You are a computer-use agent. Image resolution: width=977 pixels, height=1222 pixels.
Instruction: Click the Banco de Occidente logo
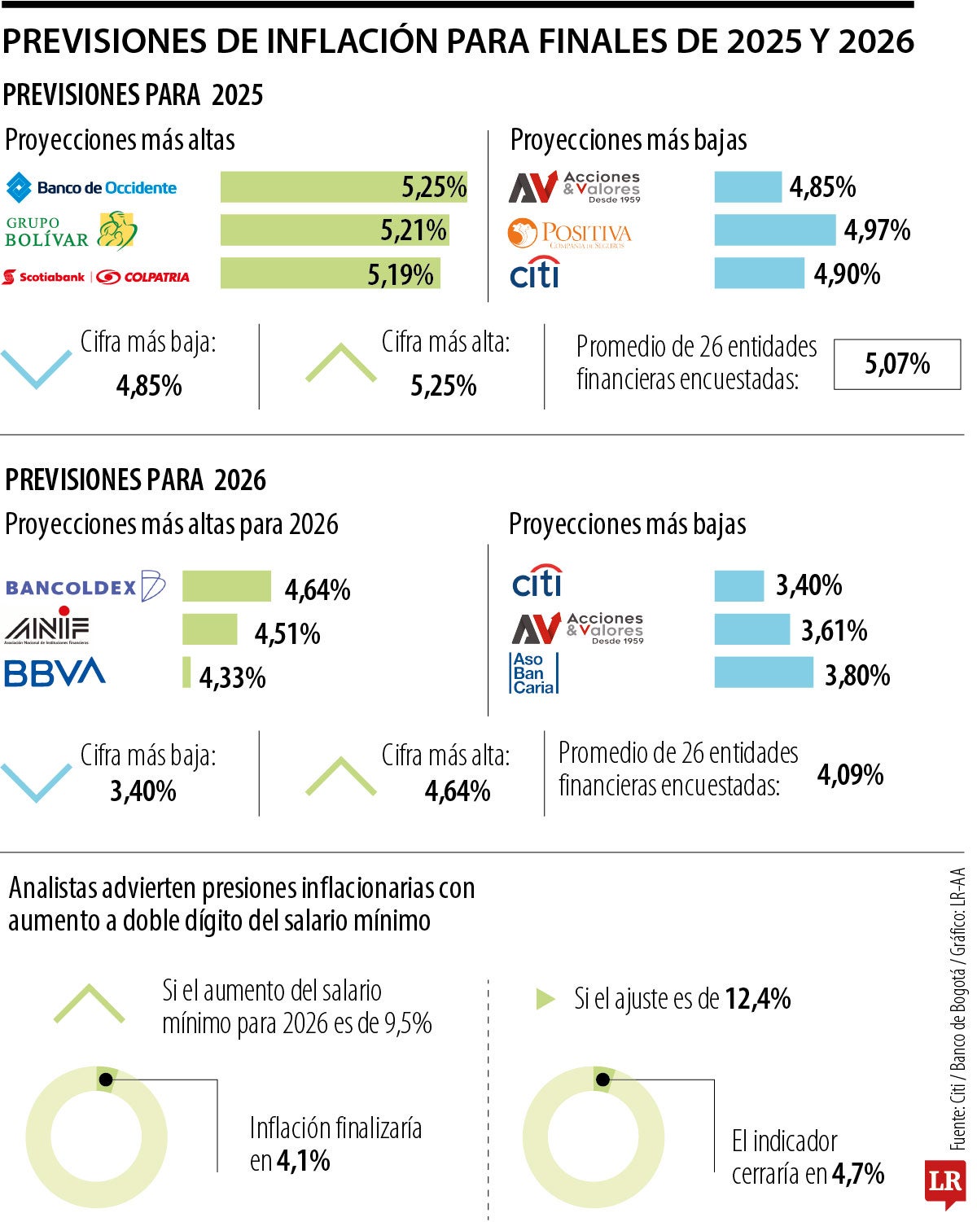pos(91,187)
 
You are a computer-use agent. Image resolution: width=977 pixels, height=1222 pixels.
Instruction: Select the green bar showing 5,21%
pos(334,230)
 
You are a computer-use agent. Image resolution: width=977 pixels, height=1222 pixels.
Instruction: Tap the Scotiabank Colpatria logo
pos(96,277)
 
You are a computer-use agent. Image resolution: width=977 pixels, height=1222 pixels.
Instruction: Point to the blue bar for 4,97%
pos(774,230)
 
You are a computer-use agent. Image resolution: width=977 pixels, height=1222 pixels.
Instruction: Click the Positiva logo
pos(569,234)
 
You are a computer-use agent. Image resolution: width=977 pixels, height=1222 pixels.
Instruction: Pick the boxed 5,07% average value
pos(897,364)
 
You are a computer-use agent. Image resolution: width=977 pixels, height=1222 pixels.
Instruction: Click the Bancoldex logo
pos(85,587)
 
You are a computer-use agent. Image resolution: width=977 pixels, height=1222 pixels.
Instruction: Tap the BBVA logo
pos(55,672)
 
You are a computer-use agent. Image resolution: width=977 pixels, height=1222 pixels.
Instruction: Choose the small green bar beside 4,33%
pos(186,672)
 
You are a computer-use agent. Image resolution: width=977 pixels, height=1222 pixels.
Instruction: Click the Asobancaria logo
pos(534,673)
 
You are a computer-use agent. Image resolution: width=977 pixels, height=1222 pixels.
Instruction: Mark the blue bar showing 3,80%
pos(764,672)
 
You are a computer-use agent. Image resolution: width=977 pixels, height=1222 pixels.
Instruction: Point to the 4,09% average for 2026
pos(850,774)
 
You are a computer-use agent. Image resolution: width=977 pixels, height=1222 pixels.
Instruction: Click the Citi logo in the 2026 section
pos(537,581)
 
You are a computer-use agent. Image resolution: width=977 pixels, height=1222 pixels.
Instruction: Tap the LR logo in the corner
pos(944,1183)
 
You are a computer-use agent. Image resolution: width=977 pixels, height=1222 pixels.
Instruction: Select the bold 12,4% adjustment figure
pos(757,999)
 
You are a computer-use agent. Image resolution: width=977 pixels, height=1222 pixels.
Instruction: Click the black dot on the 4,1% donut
pos(105,1080)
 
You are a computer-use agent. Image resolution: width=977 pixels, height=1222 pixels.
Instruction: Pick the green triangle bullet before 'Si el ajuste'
pos(545,999)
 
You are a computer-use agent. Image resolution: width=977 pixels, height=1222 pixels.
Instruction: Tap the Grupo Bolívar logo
pos(72,231)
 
